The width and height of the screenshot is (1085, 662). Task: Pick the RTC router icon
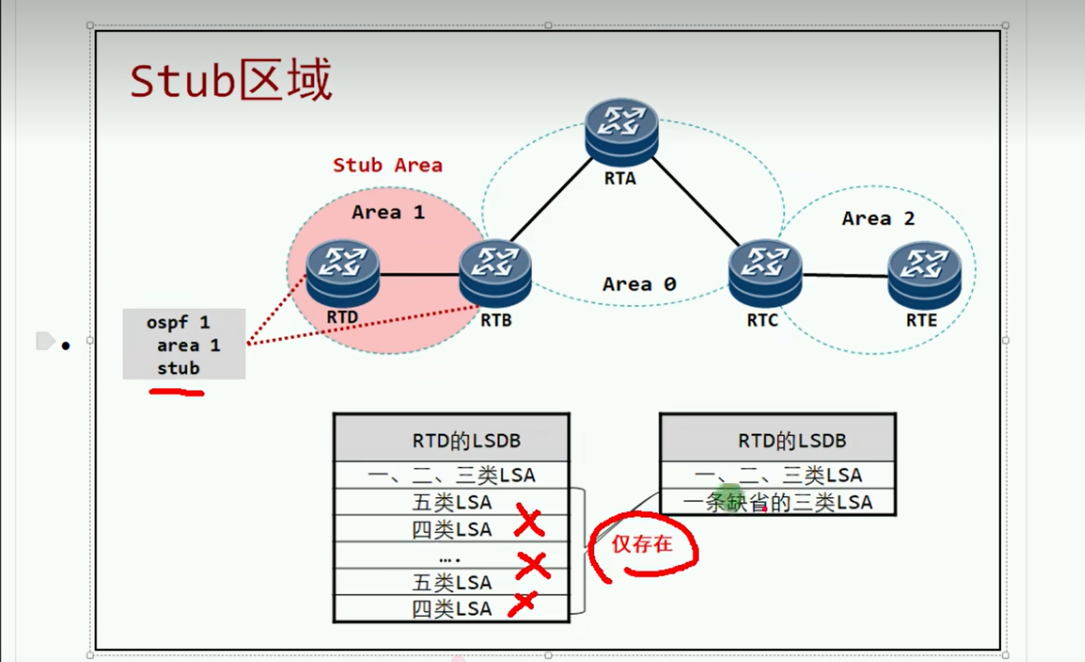click(x=765, y=273)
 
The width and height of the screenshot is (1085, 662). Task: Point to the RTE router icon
click(x=924, y=274)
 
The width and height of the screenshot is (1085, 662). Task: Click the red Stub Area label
click(x=387, y=165)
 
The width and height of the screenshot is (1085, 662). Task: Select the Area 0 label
click(x=639, y=284)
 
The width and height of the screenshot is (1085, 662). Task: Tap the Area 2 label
click(x=878, y=218)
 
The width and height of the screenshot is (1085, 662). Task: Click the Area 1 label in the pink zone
click(x=387, y=213)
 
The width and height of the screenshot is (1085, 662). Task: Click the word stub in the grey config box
click(x=178, y=368)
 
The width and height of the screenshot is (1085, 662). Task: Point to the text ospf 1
click(x=178, y=322)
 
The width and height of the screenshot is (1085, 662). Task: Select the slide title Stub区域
click(x=230, y=80)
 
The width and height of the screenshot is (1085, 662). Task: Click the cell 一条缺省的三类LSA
click(x=778, y=502)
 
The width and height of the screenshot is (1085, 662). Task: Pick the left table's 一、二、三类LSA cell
click(x=451, y=475)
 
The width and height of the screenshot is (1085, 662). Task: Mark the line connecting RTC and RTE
click(x=845, y=275)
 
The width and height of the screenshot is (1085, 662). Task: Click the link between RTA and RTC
click(x=696, y=202)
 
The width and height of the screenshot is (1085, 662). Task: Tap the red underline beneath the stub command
click(x=177, y=392)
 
